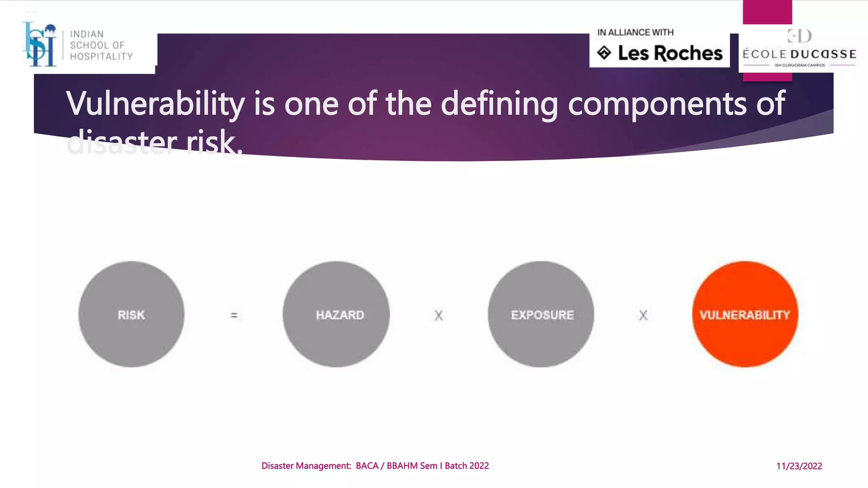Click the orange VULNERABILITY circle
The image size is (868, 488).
[x=745, y=314]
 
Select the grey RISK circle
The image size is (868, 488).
[x=131, y=314]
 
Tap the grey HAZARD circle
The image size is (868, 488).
[x=336, y=314]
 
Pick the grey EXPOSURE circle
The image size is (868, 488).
[x=541, y=314]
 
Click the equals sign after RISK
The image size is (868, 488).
[x=234, y=315]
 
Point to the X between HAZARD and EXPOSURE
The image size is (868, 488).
[x=439, y=316]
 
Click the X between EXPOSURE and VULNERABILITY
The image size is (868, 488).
[x=643, y=316]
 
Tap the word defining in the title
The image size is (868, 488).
[x=499, y=104]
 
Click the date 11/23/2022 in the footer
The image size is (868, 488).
[x=799, y=466]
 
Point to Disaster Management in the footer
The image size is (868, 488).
[x=306, y=466]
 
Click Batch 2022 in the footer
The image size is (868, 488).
[x=467, y=466]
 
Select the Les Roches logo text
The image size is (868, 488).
[x=670, y=53]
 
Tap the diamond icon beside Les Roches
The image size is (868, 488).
[x=604, y=53]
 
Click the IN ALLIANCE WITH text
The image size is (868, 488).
[x=635, y=33]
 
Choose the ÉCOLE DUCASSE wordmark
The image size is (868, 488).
[x=799, y=54]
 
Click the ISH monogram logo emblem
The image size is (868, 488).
[x=40, y=44]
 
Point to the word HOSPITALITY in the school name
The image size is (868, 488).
[x=101, y=56]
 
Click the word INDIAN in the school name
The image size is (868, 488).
[x=87, y=34]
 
